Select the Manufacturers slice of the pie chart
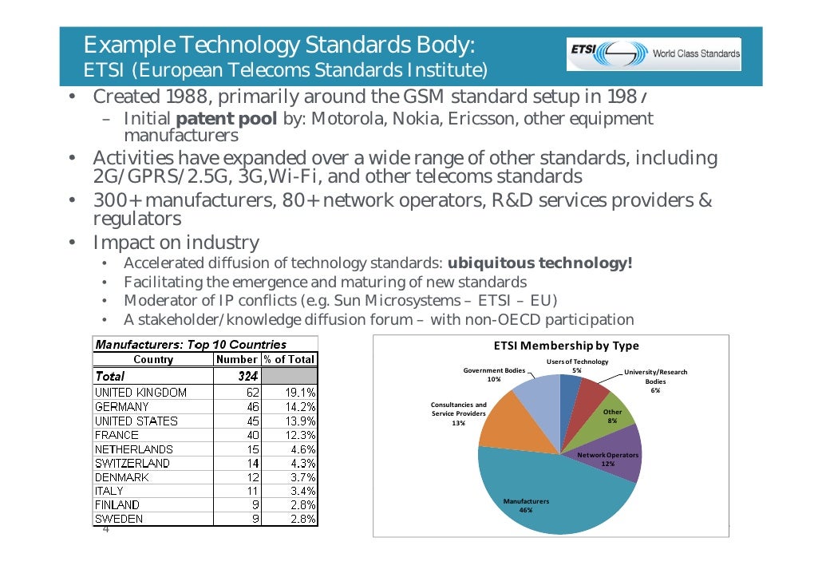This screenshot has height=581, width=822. (551, 487)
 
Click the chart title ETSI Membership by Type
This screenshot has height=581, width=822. (566, 346)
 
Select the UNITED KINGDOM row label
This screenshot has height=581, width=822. (140, 393)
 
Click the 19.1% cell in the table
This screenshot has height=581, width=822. (299, 393)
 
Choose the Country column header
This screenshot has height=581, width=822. (153, 359)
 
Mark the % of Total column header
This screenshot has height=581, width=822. (288, 359)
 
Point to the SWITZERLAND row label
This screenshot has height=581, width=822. (132, 463)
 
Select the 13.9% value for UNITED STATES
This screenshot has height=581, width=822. (299, 421)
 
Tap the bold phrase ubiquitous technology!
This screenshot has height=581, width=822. (539, 263)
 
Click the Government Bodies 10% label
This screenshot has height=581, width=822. (494, 375)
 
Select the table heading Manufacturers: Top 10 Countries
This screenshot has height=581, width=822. (191, 345)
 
